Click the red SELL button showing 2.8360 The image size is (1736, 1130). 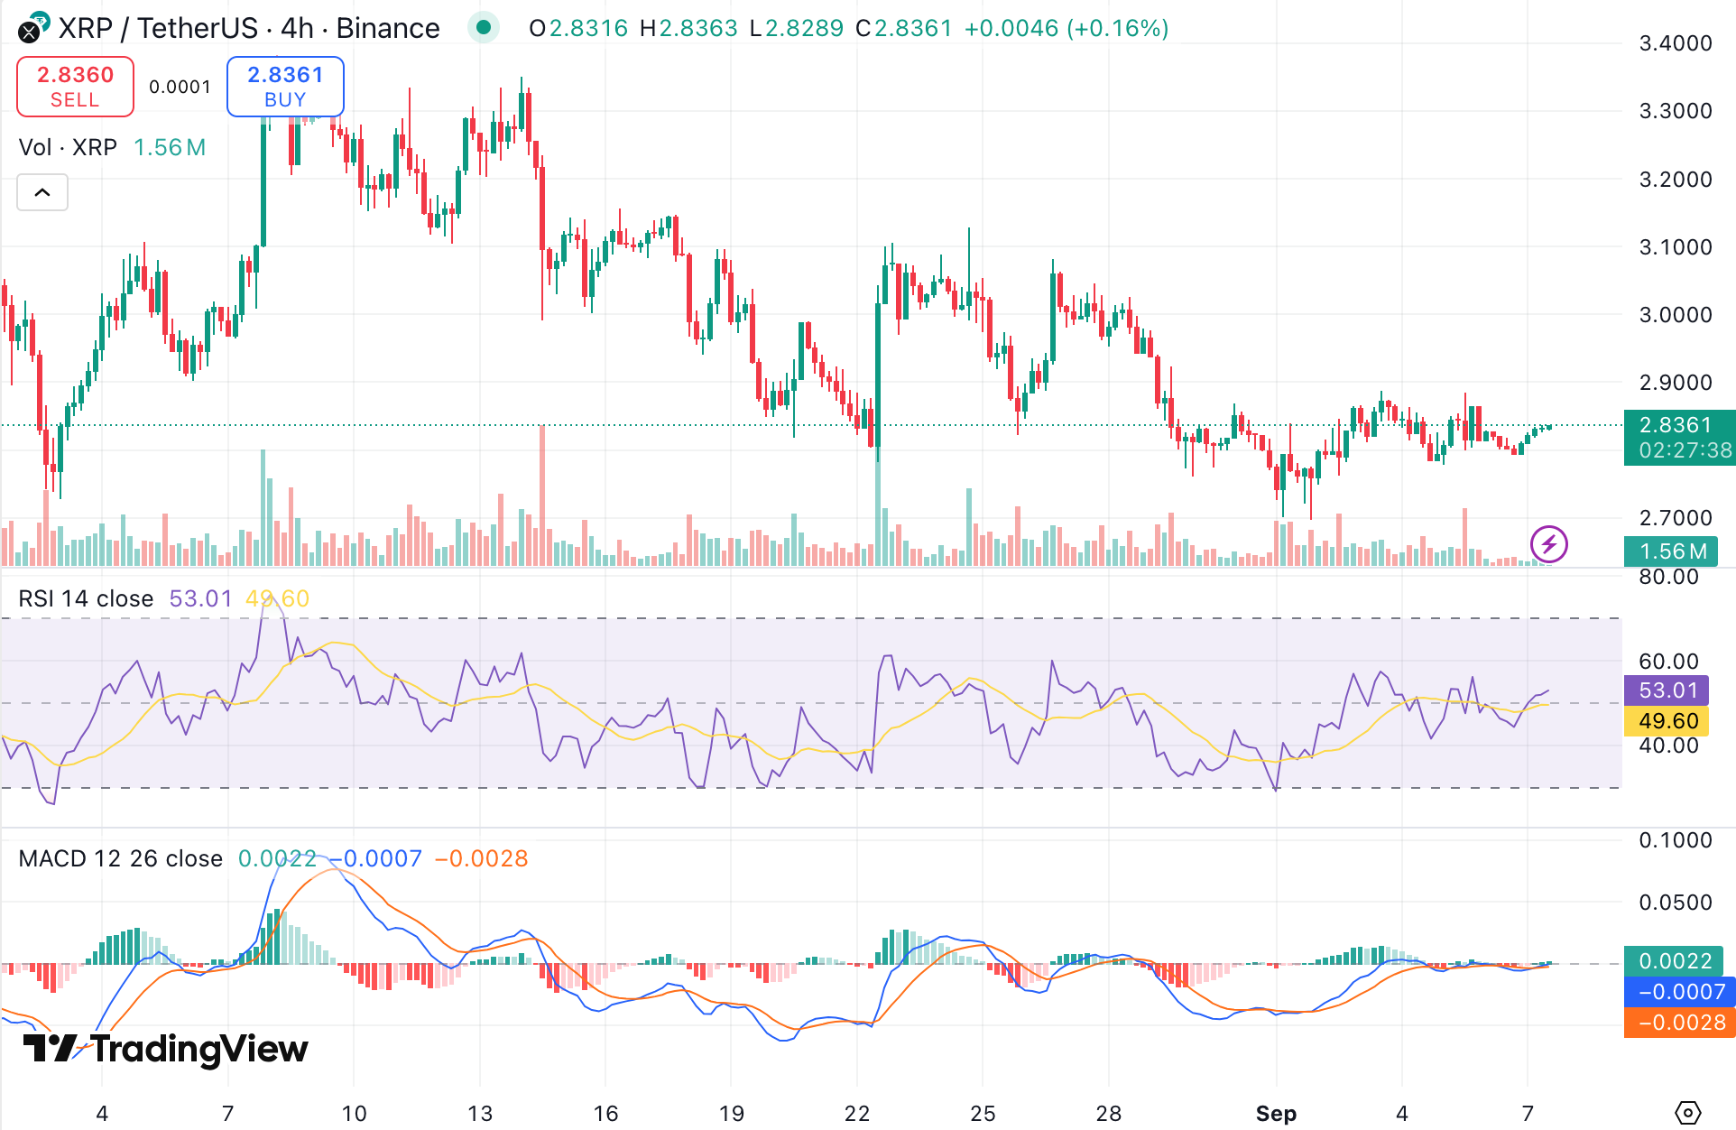point(75,87)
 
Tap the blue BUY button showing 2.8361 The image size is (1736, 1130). point(285,87)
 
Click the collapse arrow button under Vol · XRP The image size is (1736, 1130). point(42,192)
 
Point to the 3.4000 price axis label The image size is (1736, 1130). point(1675,43)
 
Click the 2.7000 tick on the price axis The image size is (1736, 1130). point(1675,518)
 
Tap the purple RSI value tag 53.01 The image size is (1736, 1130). point(1667,690)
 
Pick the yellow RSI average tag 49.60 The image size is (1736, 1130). point(1667,721)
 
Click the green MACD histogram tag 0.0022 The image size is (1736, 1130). point(1674,961)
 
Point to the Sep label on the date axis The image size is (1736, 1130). point(1276,1114)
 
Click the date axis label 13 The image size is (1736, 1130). point(480,1114)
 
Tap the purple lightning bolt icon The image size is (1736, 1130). point(1548,544)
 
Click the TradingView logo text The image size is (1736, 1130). point(167,1049)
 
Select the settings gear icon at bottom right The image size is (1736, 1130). point(1687,1113)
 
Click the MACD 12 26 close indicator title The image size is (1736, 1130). point(120,858)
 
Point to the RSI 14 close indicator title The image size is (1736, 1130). point(86,598)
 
